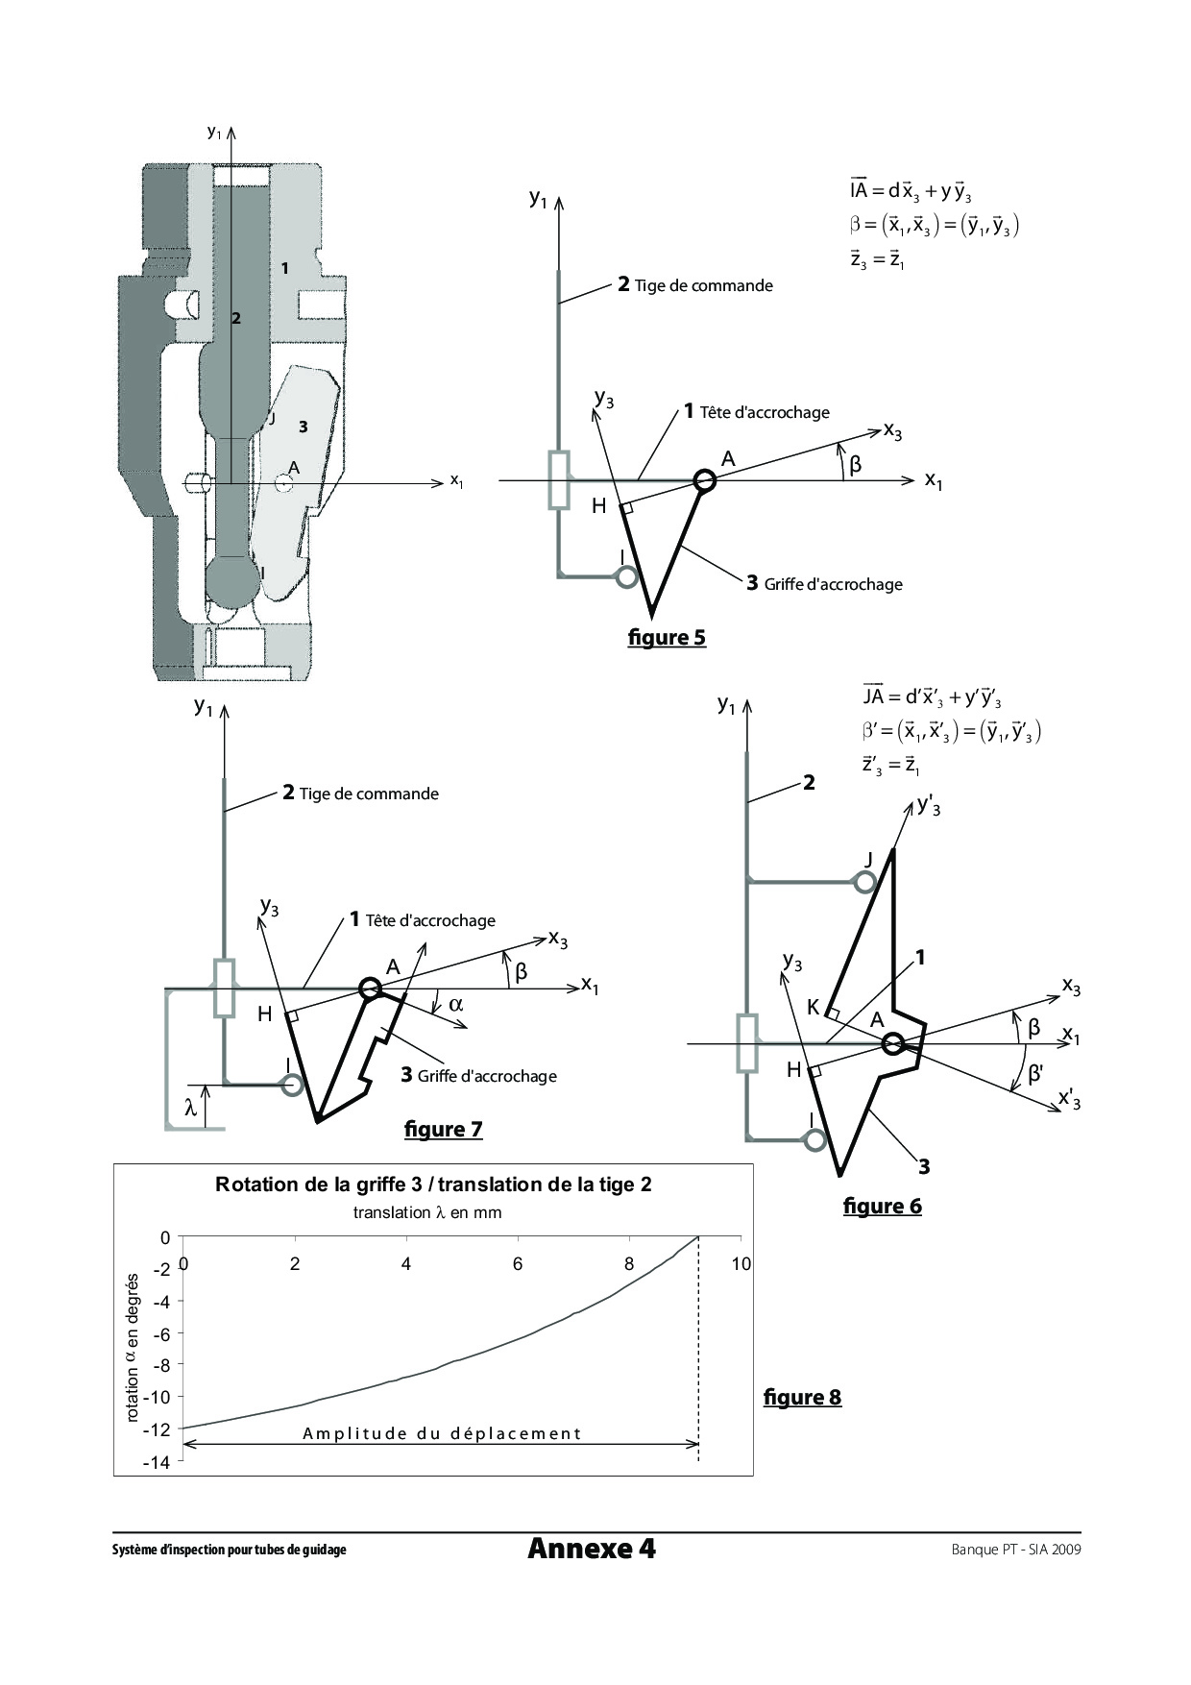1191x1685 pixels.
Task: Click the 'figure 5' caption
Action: pyautogui.click(x=667, y=637)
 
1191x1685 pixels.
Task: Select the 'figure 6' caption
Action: pyautogui.click(x=882, y=1206)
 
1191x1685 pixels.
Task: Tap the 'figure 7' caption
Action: pyautogui.click(x=443, y=1129)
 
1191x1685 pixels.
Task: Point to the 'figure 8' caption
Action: pyautogui.click(x=802, y=1397)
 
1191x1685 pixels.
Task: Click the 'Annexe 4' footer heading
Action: pyautogui.click(x=592, y=1549)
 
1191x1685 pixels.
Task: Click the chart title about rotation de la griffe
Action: pyautogui.click(x=433, y=1184)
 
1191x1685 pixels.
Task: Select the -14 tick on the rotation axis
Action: pyautogui.click(x=157, y=1462)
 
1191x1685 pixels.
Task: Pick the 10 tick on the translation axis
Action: pyautogui.click(x=741, y=1264)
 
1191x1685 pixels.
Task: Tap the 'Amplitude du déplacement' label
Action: pyautogui.click(x=442, y=1434)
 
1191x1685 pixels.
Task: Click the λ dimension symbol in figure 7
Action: pyautogui.click(x=191, y=1108)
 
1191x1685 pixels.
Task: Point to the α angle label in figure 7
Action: pyautogui.click(x=455, y=1005)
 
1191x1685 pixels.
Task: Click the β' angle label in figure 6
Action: pyautogui.click(x=1035, y=1073)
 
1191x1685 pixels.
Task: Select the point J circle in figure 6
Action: pyautogui.click(x=865, y=882)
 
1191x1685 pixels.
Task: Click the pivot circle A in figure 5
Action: pyautogui.click(x=705, y=480)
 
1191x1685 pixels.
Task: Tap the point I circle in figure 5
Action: pyautogui.click(x=626, y=576)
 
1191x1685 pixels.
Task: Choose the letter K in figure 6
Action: pyautogui.click(x=813, y=1007)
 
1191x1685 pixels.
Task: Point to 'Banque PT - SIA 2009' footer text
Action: pyautogui.click(x=1015, y=1549)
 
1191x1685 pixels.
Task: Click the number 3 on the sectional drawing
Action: pyautogui.click(x=303, y=427)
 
